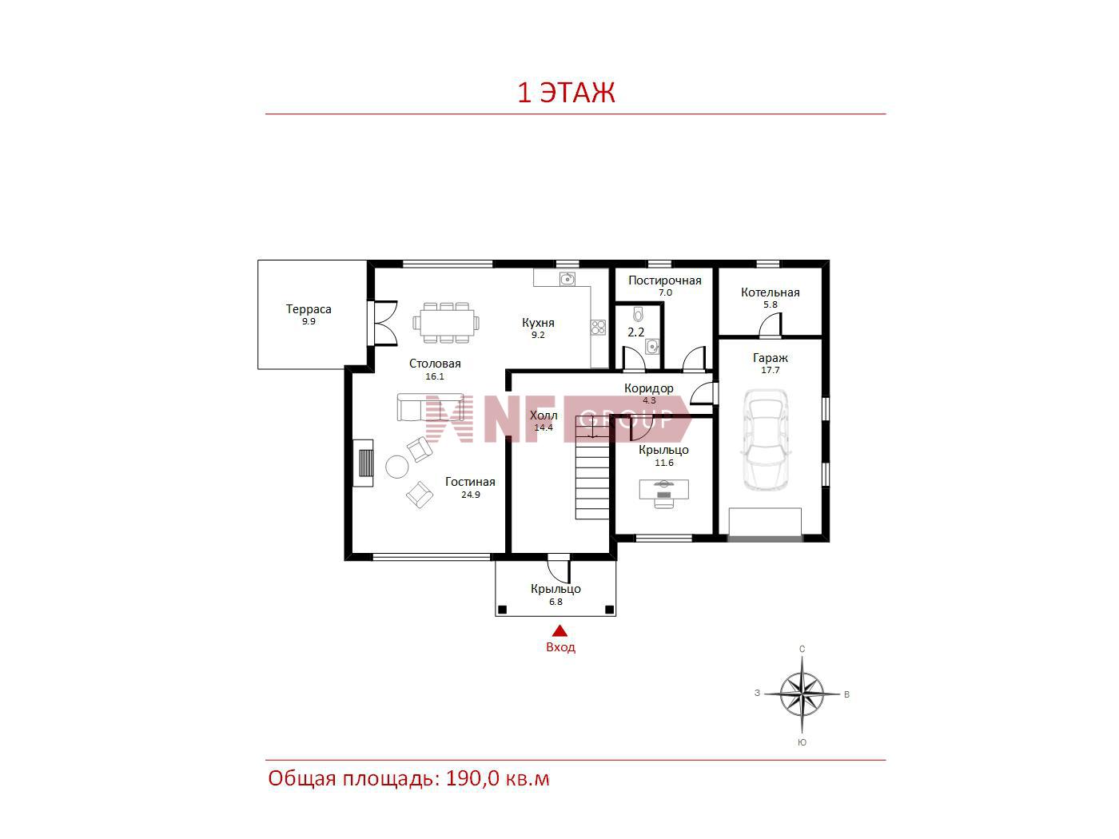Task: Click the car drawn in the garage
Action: coord(765,439)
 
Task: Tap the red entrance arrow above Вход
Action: coord(560,631)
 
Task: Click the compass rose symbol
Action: coord(802,694)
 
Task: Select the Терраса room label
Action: coord(309,308)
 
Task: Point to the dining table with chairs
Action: coord(446,323)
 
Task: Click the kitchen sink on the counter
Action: coord(567,279)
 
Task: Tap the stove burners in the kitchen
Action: coord(599,328)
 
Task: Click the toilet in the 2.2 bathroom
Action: coord(638,314)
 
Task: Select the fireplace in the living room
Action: coord(364,463)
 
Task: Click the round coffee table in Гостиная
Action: coord(396,467)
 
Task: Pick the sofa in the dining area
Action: coord(430,407)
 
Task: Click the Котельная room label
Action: coord(771,292)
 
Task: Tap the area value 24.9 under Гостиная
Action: coord(471,495)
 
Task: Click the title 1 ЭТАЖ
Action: coord(567,93)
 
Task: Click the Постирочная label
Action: coord(665,280)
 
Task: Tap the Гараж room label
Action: coord(771,358)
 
